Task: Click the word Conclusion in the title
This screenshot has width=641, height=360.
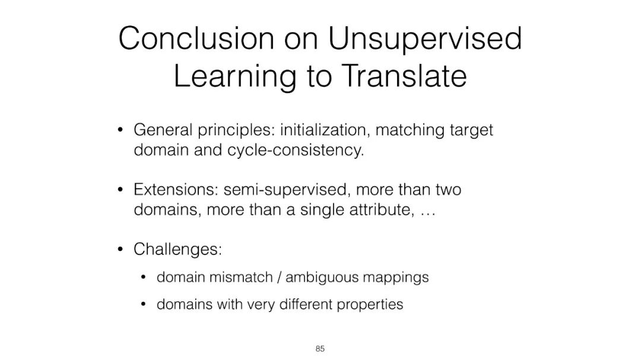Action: tap(196, 38)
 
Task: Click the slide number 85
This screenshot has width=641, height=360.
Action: tap(320, 349)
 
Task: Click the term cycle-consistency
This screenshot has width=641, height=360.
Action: tap(295, 151)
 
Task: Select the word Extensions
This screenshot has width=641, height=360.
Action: tap(176, 190)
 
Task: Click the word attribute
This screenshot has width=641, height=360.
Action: tap(382, 209)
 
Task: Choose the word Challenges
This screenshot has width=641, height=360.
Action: tap(177, 250)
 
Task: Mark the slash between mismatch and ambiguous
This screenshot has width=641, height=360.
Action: tap(279, 278)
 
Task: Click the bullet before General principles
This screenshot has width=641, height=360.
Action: tap(120, 130)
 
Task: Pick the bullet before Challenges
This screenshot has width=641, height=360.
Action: tap(120, 249)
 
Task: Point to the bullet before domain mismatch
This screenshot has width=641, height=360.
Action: tap(143, 278)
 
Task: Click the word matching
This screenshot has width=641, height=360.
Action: tap(410, 130)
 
